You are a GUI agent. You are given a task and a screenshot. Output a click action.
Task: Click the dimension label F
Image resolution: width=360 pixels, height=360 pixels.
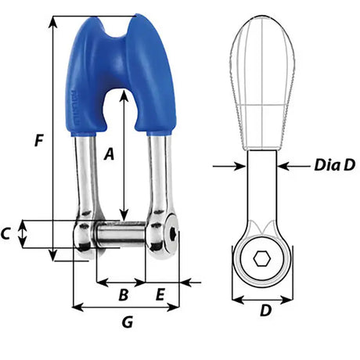(x=37, y=142)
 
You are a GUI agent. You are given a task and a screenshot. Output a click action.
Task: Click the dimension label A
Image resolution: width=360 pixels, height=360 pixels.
(x=110, y=155)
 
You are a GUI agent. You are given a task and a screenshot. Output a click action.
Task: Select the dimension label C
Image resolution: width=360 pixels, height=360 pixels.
(x=6, y=233)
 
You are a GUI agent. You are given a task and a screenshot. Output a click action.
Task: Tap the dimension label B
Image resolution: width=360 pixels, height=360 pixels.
(x=122, y=295)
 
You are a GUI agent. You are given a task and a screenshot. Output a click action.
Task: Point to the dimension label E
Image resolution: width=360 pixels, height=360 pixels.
(x=160, y=295)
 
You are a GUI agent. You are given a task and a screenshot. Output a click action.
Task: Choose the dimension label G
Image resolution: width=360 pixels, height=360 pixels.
(x=128, y=321)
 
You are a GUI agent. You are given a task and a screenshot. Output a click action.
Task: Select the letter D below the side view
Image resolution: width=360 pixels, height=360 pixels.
(x=265, y=311)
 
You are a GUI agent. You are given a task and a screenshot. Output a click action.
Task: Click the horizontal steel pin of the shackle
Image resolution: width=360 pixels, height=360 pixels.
(x=121, y=232)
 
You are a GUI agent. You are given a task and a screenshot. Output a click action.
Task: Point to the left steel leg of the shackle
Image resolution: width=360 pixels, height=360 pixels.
(x=85, y=176)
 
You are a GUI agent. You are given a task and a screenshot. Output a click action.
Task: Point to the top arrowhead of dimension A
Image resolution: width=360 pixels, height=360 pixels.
(x=124, y=93)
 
